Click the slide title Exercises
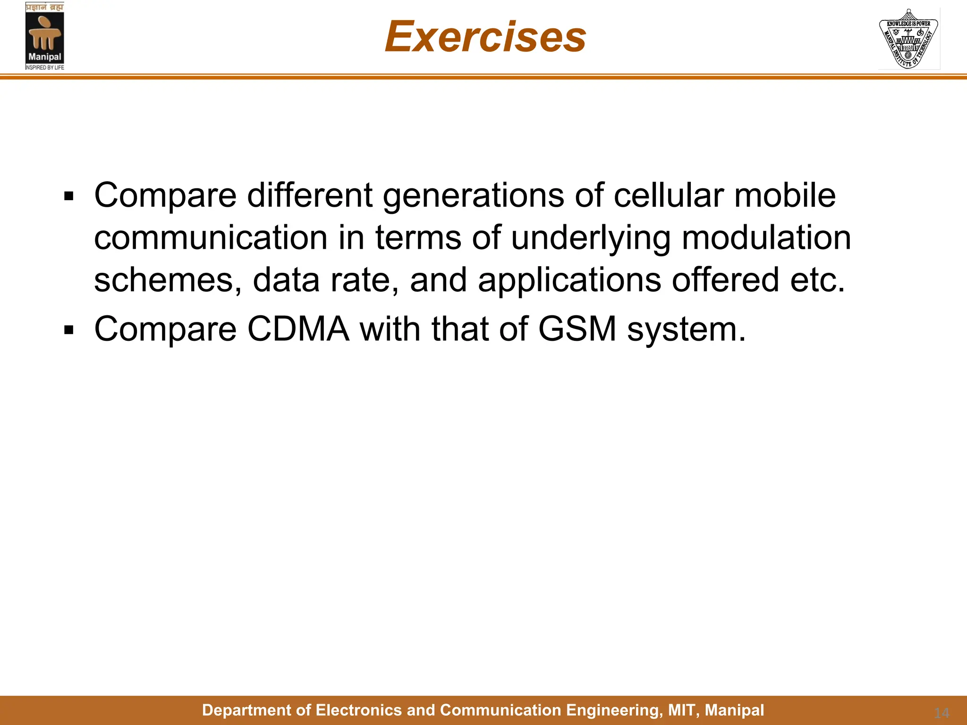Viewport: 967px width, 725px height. tap(485, 37)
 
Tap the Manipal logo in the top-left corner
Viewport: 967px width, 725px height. tap(44, 36)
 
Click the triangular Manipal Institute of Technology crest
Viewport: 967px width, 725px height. tap(908, 39)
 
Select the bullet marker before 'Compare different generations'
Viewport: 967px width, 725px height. tap(69, 196)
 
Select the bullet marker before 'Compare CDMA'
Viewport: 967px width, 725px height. tap(69, 330)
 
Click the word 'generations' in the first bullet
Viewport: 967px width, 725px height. tap(473, 195)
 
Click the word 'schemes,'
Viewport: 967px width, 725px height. tap(168, 280)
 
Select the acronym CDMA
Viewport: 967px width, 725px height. tap(298, 329)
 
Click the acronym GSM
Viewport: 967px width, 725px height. tap(577, 329)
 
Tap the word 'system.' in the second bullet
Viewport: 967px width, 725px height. tap(687, 329)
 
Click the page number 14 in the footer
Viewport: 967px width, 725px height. tap(942, 713)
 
